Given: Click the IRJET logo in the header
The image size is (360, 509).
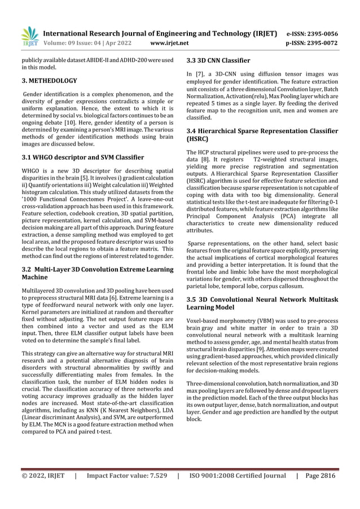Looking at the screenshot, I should pyautogui.click(x=29, y=36).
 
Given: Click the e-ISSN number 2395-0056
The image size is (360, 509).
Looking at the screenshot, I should pyautogui.click(x=319, y=33).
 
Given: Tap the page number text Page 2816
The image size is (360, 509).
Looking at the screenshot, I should pyautogui.click(x=319, y=476).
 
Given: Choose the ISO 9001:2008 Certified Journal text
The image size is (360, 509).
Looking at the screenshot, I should pyautogui.click(x=237, y=476).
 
